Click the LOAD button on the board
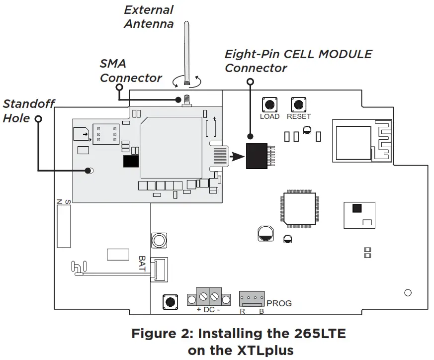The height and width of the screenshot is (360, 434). point(269,104)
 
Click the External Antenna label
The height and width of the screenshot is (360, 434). point(148,16)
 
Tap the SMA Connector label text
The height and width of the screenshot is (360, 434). point(131,71)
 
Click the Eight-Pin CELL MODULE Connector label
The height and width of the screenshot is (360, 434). point(298,61)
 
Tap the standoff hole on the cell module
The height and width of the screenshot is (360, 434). point(89,171)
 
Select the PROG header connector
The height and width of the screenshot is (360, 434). point(252,299)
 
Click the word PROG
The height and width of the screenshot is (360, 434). point(279,303)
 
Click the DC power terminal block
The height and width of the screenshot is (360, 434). point(209,299)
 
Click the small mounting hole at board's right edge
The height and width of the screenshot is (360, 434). point(408,292)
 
